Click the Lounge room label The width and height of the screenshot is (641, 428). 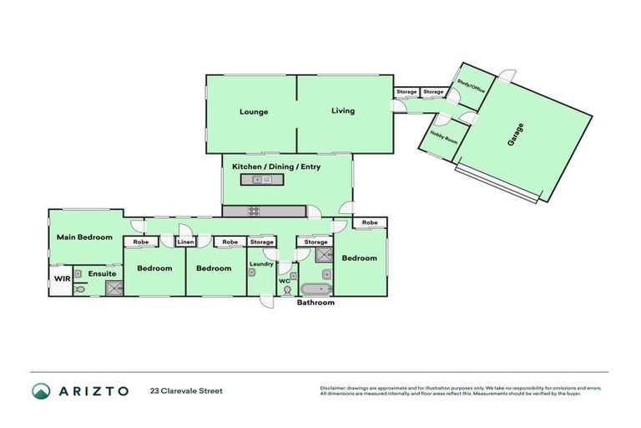pos(254,111)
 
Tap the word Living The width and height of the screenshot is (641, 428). pos(342,110)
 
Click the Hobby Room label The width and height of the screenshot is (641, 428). pos(444,138)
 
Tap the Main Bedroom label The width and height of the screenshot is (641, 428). pos(84,237)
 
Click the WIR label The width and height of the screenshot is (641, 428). pos(62,278)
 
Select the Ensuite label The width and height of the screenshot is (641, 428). pos(102,273)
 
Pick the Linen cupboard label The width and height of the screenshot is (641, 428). pos(185,242)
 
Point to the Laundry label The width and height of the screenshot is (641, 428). pos(261,264)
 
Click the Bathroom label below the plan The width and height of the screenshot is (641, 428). pos(316,303)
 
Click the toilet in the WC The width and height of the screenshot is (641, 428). pos(288,290)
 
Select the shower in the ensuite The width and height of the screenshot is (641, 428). pos(113,288)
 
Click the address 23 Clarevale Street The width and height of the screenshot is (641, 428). pos(186,390)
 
